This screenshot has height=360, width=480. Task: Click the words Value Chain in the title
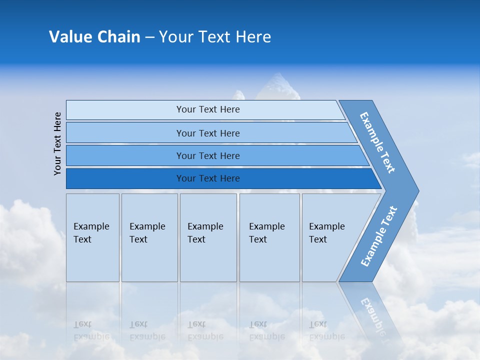point(94,37)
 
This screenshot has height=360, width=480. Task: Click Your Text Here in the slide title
point(215,37)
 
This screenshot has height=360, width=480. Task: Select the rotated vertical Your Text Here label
point(57,143)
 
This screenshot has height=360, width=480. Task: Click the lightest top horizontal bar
point(207,109)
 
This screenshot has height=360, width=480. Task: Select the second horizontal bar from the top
point(207,133)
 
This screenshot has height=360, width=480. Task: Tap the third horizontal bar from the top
point(207,155)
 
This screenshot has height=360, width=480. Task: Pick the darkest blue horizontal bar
point(207,178)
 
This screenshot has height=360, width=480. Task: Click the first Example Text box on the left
point(92,237)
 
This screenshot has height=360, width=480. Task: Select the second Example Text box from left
point(149,237)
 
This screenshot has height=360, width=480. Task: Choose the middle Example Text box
point(208,237)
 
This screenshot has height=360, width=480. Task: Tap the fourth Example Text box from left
point(269,237)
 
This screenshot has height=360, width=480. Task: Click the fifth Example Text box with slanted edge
point(330,237)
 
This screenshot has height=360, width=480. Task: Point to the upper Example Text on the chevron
point(377,142)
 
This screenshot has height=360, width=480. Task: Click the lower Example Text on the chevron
point(379,236)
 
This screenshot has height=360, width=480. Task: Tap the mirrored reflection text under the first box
point(91,330)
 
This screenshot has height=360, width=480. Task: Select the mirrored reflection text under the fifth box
point(326,330)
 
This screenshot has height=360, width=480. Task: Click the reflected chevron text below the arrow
point(372,312)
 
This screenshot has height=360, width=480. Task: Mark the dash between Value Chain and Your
point(149,37)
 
